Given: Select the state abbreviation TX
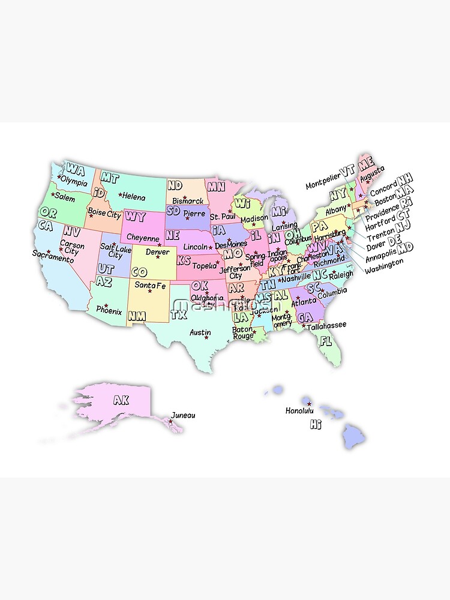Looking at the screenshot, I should click(178, 313).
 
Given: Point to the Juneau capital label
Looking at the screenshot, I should click(183, 415).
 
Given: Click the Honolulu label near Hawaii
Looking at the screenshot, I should click(299, 411).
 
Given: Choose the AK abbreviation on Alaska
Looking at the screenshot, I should click(121, 400).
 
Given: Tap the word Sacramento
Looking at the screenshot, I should click(53, 254).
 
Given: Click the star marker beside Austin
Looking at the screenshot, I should click(206, 337).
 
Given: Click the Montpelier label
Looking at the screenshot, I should click(322, 185).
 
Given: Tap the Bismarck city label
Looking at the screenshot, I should click(188, 200).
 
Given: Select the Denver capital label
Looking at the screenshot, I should click(157, 252).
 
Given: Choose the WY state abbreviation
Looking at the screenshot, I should click(135, 217).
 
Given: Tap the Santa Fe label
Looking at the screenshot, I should click(150, 285).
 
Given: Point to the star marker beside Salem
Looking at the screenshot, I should click(53, 194).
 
